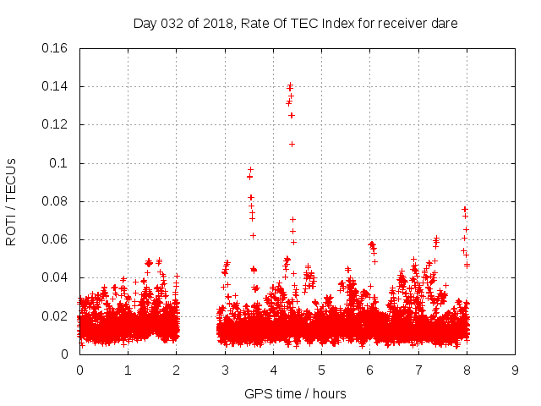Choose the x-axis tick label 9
tap(515, 370)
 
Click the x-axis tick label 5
tap(321, 370)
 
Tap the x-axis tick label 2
tap(176, 370)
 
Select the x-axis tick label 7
tap(418, 370)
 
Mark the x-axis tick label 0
tap(79, 370)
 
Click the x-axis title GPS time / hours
tap(295, 393)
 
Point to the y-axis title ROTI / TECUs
tap(11, 201)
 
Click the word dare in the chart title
tap(445, 24)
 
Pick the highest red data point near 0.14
tap(290, 85)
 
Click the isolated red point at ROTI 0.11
tap(292, 144)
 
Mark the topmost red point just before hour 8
tap(464, 208)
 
